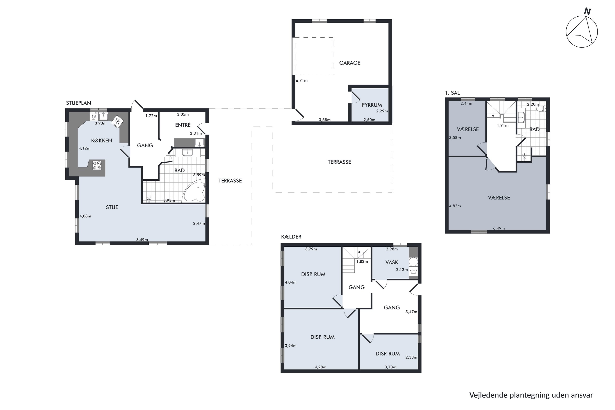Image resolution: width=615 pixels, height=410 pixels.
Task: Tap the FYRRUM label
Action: [x=372, y=105]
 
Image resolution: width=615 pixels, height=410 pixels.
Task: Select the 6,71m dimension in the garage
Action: [x=302, y=81]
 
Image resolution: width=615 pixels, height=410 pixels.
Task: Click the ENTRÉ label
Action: [x=183, y=125]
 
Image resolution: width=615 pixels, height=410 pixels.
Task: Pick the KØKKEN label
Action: [x=101, y=140]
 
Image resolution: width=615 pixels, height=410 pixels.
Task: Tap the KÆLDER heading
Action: [x=291, y=237]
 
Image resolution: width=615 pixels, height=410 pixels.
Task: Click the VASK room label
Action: [x=392, y=262]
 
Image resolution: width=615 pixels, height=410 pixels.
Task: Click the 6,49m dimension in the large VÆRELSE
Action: [x=499, y=228]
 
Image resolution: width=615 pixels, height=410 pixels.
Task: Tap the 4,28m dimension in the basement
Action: [x=321, y=367]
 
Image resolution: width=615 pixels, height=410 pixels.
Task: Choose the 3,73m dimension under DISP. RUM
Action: [x=390, y=367]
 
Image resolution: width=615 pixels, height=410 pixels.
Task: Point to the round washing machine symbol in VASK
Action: [x=413, y=262]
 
